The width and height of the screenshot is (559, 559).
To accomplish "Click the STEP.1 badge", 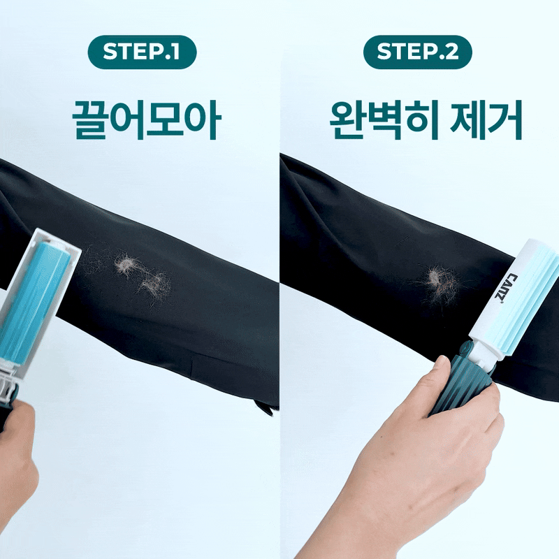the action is [x=142, y=52].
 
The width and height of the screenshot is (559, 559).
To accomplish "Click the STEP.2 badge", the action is [x=417, y=52].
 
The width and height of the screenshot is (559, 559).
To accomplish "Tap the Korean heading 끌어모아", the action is [x=147, y=119].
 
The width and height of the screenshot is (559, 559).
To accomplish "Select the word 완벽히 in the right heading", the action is [x=384, y=119].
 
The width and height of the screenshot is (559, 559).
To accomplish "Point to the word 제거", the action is [x=486, y=119].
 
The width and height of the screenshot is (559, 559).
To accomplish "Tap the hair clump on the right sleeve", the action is [x=441, y=284].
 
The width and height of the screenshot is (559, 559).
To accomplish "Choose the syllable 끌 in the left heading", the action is [x=90, y=119].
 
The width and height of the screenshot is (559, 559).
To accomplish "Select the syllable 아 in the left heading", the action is [x=203, y=119].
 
